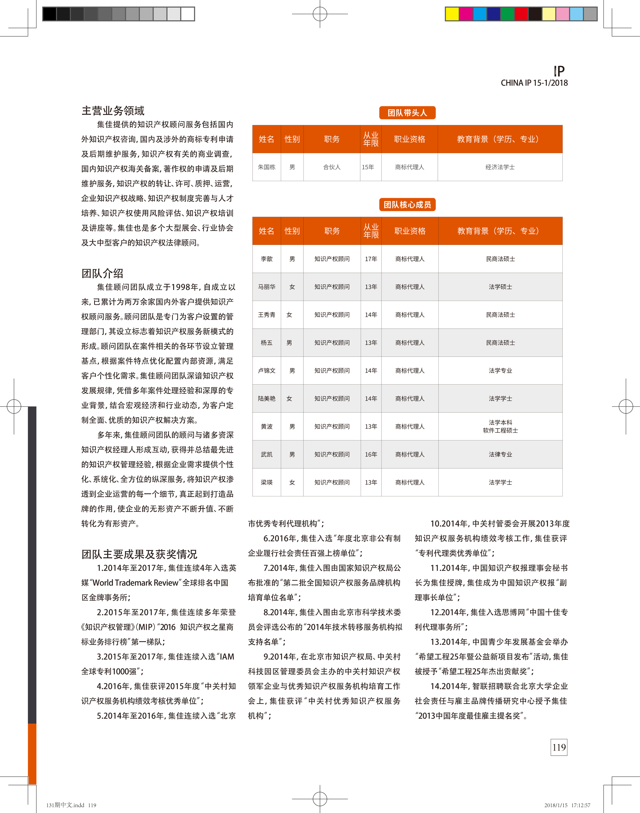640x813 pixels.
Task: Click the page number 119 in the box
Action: click(x=559, y=747)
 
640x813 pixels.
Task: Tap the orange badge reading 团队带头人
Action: click(x=407, y=113)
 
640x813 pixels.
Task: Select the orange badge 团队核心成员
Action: click(x=407, y=205)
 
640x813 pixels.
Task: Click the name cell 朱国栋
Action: click(x=266, y=167)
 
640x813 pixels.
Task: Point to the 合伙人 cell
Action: click(x=332, y=167)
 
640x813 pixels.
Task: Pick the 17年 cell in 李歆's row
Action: click(x=371, y=259)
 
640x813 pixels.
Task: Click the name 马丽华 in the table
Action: click(x=266, y=287)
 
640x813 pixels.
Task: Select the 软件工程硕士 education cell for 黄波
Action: click(x=500, y=430)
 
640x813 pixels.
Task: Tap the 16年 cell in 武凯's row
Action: click(x=371, y=454)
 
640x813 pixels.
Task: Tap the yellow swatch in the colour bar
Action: click(x=452, y=14)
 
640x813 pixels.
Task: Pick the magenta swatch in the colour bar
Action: click(x=466, y=14)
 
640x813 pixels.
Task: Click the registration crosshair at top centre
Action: click(x=320, y=14)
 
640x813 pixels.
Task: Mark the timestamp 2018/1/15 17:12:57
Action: click(x=567, y=805)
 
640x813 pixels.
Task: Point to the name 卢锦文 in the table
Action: click(x=266, y=371)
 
